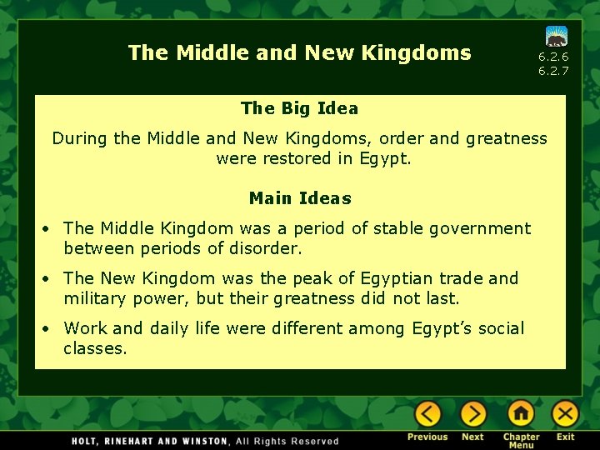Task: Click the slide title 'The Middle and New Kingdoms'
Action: click(299, 53)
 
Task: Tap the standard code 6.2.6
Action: click(553, 57)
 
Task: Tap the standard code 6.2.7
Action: click(553, 71)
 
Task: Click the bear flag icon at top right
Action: click(557, 36)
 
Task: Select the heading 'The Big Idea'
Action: click(299, 108)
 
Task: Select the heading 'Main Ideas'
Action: click(300, 198)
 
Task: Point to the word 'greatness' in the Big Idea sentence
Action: click(509, 138)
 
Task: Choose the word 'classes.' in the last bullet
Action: click(95, 348)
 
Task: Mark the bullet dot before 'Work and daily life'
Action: click(50, 329)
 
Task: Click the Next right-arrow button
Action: click(472, 414)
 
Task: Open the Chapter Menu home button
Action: click(521, 414)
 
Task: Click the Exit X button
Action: click(566, 414)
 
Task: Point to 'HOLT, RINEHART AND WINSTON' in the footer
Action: click(149, 441)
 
